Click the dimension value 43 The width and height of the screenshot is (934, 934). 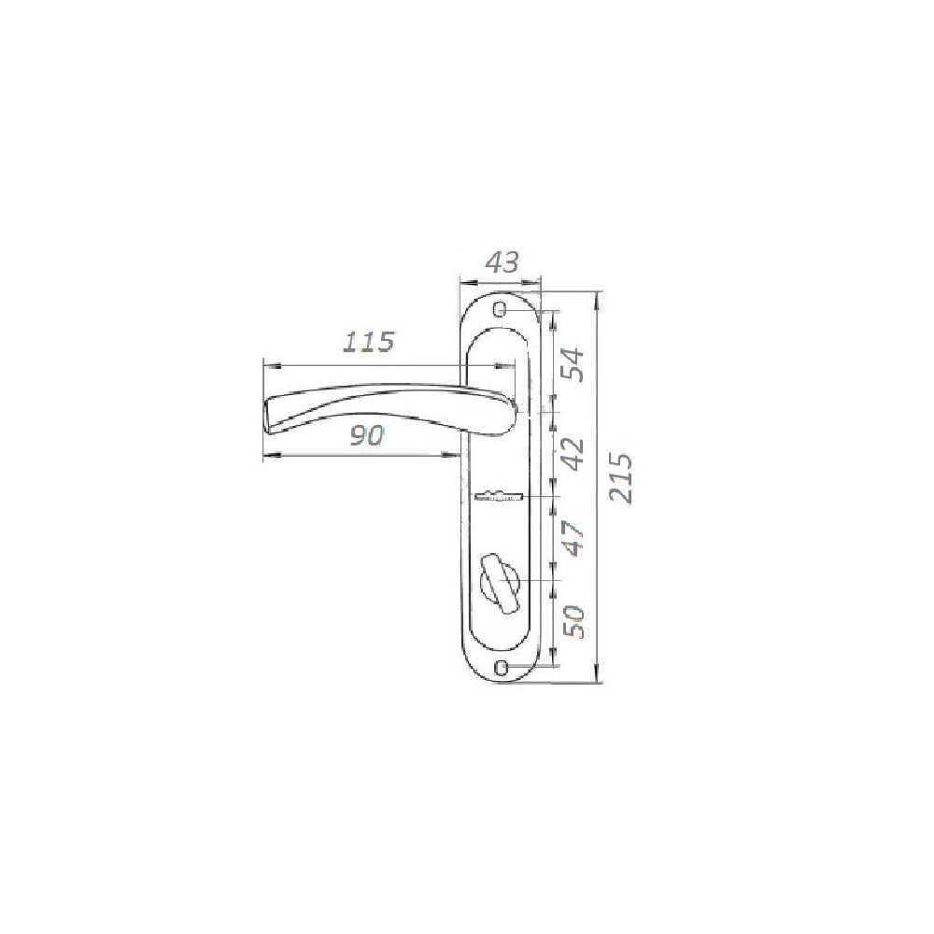502,262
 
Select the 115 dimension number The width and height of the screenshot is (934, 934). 369,341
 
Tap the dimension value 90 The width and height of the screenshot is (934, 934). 366,436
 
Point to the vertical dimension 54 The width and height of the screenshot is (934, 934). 573,364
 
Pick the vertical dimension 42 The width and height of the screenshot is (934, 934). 573,454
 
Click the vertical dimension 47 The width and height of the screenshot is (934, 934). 573,538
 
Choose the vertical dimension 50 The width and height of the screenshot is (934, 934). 573,621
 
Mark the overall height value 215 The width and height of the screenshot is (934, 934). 621,478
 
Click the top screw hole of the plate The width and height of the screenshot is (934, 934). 501,310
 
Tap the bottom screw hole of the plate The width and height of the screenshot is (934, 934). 502,665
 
